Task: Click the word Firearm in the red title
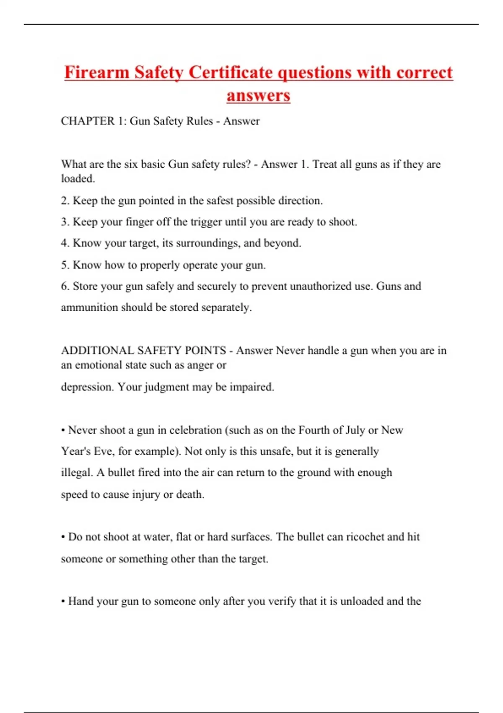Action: [x=96, y=72]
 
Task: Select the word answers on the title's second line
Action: [x=258, y=95]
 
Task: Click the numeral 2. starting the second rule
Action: [x=65, y=200]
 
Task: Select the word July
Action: [x=355, y=430]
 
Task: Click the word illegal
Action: [x=76, y=473]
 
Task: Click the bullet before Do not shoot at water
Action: [x=63, y=537]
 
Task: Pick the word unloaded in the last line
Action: [x=362, y=601]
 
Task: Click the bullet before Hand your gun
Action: [x=63, y=601]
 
